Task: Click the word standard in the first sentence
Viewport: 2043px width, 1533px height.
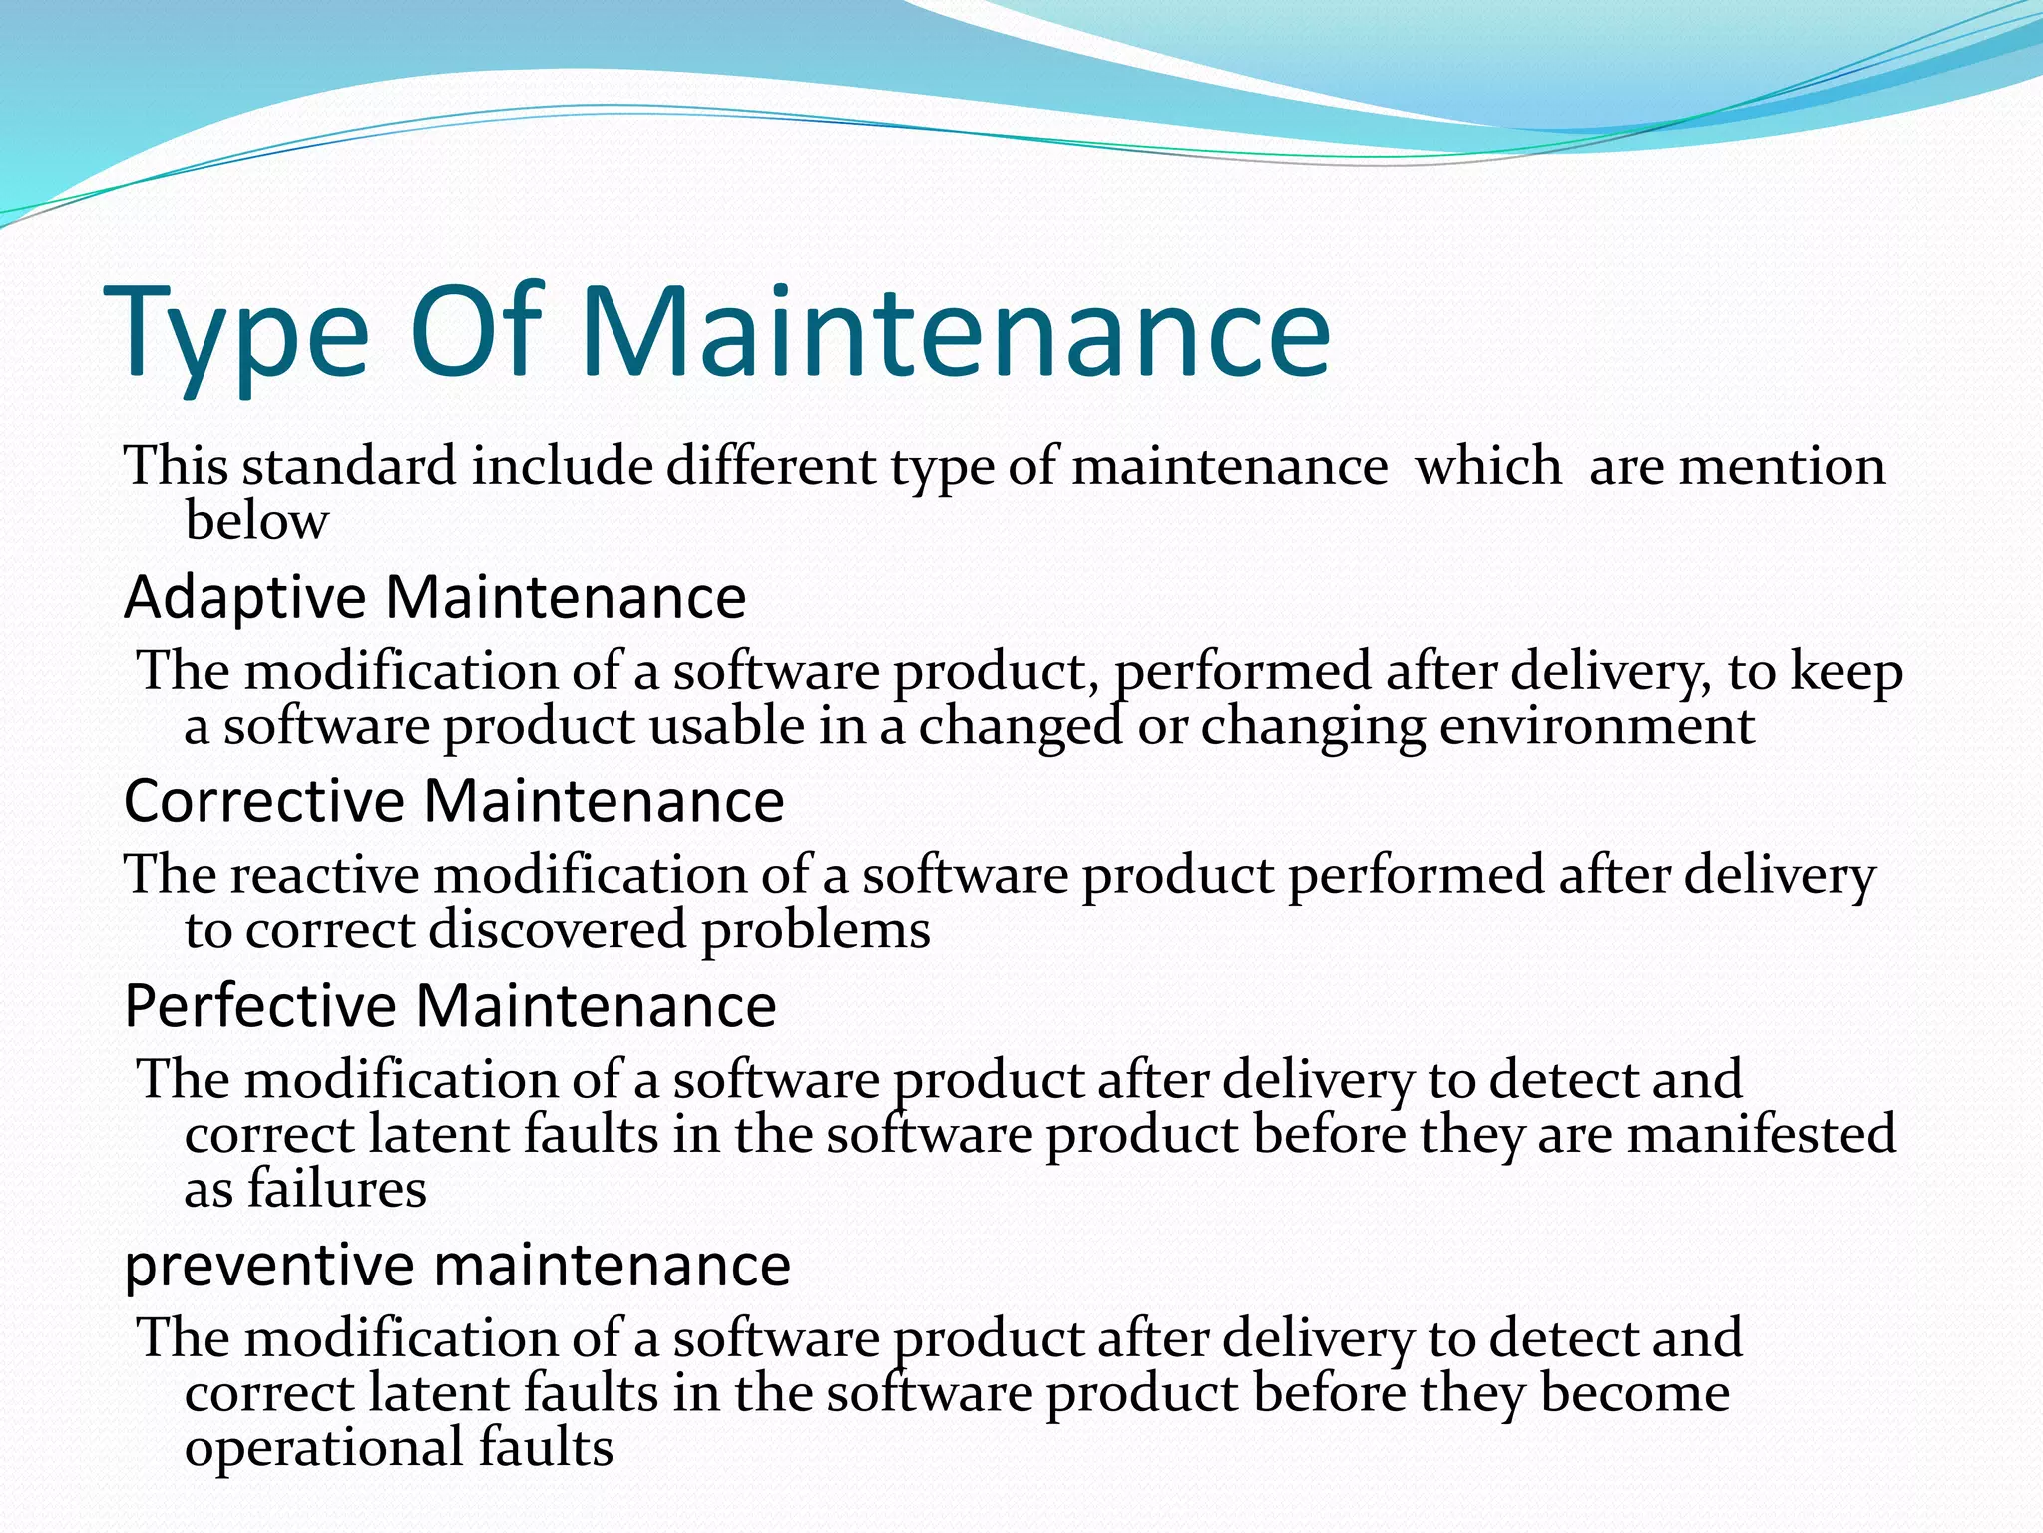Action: point(349,466)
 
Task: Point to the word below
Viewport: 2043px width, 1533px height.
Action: point(256,520)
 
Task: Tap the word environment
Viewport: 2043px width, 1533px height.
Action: point(1596,726)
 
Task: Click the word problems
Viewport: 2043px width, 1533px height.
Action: point(815,931)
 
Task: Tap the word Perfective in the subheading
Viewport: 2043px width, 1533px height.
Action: point(260,1006)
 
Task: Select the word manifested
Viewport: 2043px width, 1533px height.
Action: point(1761,1135)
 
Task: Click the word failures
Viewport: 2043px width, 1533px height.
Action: point(337,1189)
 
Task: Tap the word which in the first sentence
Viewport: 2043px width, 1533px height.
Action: point(1488,466)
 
